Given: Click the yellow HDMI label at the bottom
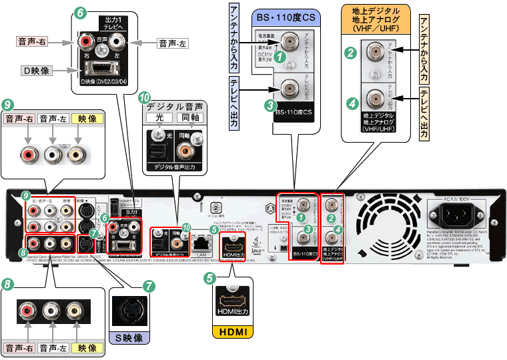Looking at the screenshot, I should point(231,332).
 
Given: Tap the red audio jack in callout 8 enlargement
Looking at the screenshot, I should point(28,310).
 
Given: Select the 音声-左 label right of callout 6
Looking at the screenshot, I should point(172,43).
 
